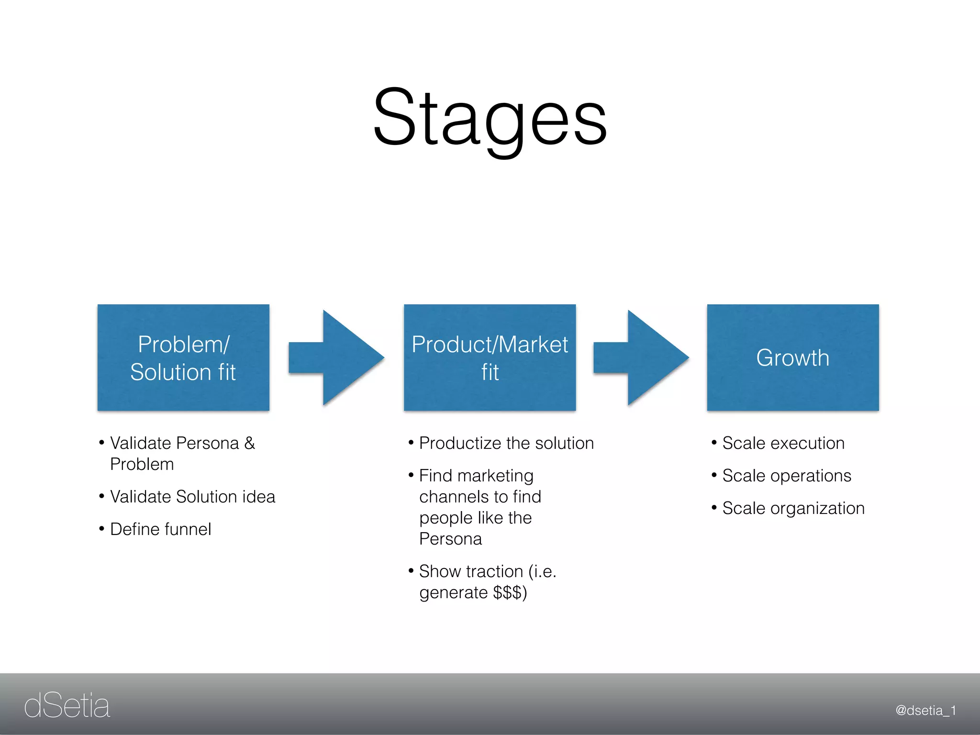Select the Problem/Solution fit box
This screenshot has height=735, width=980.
(x=183, y=357)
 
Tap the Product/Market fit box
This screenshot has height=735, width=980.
(x=490, y=357)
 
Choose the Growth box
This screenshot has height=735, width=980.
(x=793, y=357)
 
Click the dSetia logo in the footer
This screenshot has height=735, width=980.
(x=67, y=706)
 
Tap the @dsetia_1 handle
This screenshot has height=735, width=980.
(x=925, y=711)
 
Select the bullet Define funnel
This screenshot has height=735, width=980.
(x=160, y=529)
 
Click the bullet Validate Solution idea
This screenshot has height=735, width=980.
(x=192, y=497)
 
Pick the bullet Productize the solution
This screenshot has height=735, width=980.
(x=506, y=443)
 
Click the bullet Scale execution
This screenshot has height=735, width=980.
(x=783, y=443)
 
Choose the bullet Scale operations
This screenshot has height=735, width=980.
(x=786, y=476)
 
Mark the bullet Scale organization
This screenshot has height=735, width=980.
(x=793, y=508)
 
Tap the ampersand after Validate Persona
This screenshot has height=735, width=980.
(x=249, y=443)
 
